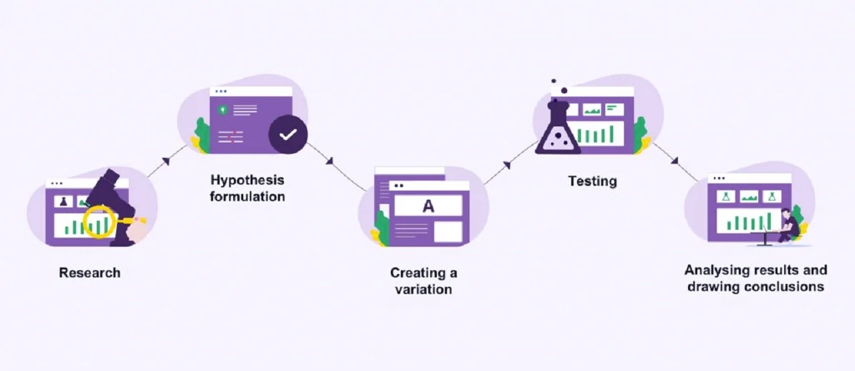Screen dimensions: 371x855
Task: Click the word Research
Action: tap(90, 273)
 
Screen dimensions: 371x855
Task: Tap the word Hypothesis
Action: tap(247, 180)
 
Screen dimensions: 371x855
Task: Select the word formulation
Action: tap(247, 197)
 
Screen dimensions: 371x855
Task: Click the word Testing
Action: tap(592, 181)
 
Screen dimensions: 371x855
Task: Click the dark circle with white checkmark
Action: tap(288, 134)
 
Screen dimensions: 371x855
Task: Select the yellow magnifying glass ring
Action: tap(98, 221)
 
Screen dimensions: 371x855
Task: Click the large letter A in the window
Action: tap(428, 206)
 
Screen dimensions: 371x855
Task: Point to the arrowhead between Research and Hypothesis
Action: tap(164, 160)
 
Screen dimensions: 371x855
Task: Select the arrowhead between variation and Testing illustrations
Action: tap(507, 164)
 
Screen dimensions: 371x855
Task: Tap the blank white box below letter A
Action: tap(448, 231)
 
